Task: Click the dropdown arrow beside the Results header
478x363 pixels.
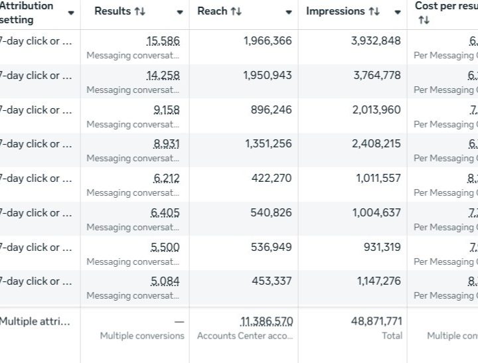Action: (x=180, y=13)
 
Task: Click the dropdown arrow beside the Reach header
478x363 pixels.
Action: (x=289, y=13)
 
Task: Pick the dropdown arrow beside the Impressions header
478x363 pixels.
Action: (x=398, y=13)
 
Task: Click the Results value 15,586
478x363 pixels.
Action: (x=163, y=41)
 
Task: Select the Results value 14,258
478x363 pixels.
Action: (x=163, y=76)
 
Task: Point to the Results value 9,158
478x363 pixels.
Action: (x=166, y=110)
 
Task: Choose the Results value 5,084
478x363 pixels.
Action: (x=165, y=281)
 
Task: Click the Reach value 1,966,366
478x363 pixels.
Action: (x=268, y=41)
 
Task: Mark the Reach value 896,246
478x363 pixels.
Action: (x=271, y=110)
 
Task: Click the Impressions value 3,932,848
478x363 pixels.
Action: (x=376, y=41)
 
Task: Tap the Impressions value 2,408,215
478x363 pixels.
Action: (x=376, y=144)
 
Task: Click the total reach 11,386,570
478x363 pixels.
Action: (x=266, y=322)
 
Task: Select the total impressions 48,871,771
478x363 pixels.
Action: (x=376, y=322)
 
